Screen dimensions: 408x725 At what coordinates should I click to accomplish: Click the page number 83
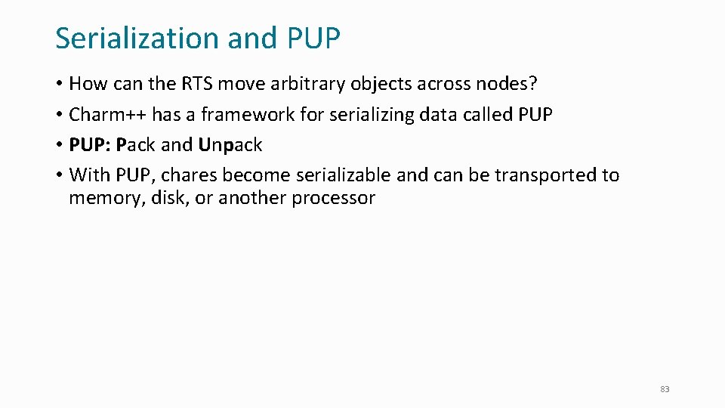tap(665, 389)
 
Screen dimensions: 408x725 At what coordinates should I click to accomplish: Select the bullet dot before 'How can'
tap(59, 85)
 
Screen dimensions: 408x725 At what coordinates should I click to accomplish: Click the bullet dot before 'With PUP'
tap(59, 176)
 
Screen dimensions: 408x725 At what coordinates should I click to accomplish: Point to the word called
tap(488, 115)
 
